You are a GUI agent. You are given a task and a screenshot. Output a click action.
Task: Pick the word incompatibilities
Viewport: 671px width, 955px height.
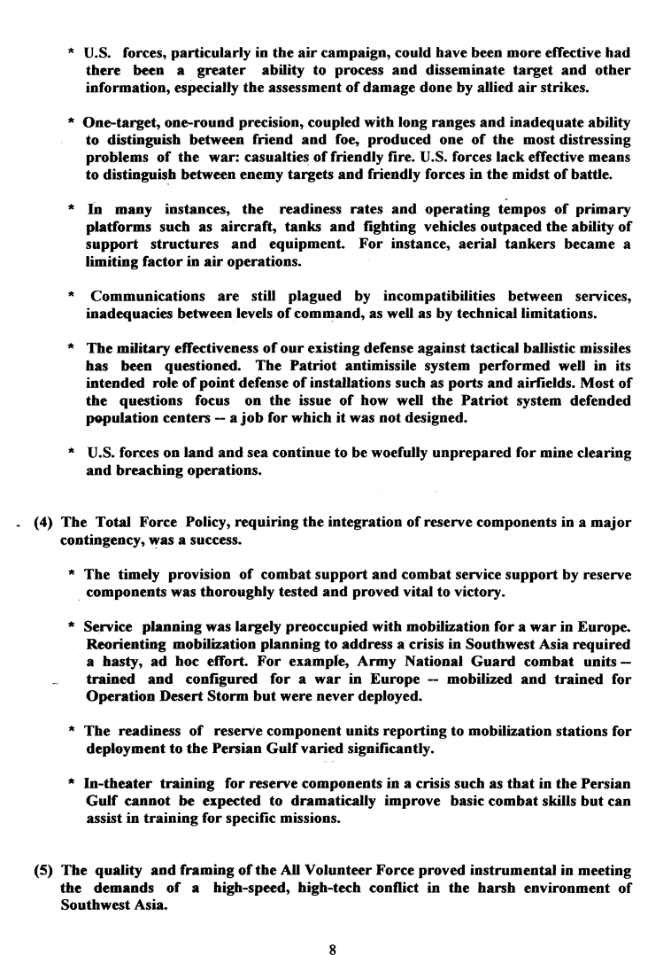point(406,295)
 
